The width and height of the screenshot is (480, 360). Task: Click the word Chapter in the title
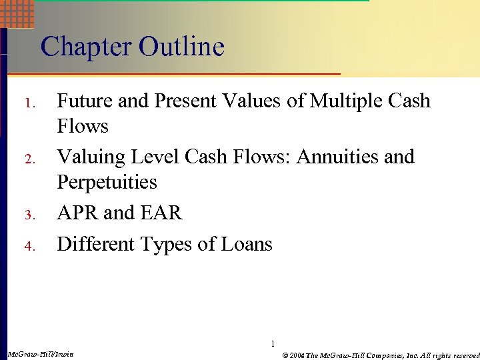[87, 47]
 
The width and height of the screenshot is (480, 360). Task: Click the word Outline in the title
[181, 47]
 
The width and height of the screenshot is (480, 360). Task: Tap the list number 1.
[28, 104]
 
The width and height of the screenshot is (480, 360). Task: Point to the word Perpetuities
[107, 182]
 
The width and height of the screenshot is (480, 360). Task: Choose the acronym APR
[78, 213]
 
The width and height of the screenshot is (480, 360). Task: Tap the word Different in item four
[94, 244]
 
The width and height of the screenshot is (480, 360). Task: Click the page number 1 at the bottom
[273, 344]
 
